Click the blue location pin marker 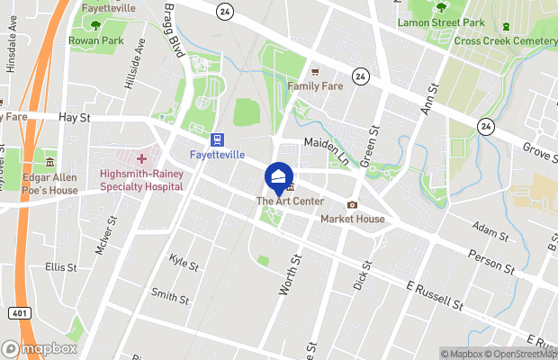pos(278,176)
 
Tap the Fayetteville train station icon pos(217,139)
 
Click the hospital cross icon pos(141,158)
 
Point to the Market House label pos(353,219)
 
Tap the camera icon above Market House pos(352,205)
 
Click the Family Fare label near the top pos(315,86)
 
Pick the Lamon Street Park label pos(440,22)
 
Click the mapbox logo pos(38,347)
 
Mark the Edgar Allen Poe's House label pos(51,184)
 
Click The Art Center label pos(290,202)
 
